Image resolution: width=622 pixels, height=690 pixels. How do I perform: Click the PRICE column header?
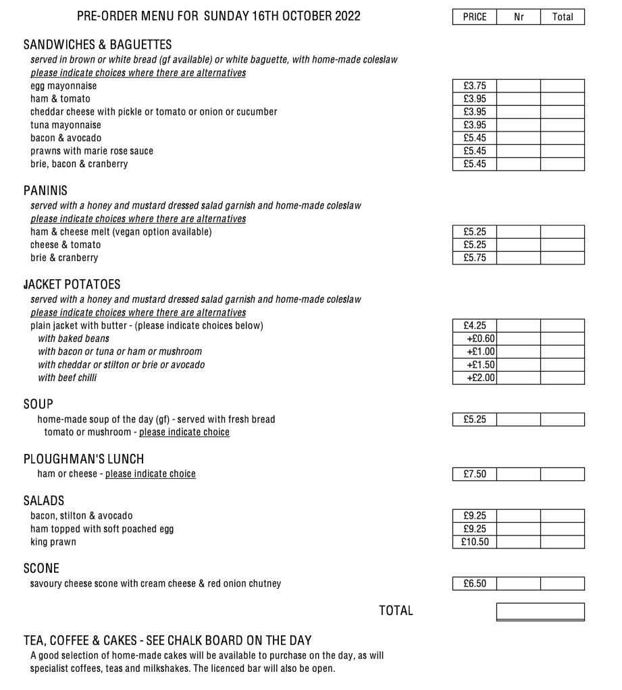tap(474, 17)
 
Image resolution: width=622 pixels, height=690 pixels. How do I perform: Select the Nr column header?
tap(519, 17)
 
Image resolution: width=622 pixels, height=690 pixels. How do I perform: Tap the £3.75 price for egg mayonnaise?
tap(474, 86)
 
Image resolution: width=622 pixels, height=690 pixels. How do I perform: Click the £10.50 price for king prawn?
tap(474, 542)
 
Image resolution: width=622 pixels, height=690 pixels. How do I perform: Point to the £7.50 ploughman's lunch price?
tap(474, 474)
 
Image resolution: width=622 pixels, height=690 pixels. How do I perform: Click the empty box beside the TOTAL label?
tap(540, 611)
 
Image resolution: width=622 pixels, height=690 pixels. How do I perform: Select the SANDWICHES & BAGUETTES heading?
tap(97, 45)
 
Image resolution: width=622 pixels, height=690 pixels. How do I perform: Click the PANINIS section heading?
tap(45, 192)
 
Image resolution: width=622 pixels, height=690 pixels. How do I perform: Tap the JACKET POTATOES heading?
tap(72, 285)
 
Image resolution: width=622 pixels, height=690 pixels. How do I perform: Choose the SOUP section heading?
tap(38, 405)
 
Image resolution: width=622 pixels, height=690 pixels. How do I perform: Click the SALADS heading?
tap(43, 500)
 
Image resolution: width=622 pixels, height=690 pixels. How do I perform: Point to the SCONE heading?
tap(41, 569)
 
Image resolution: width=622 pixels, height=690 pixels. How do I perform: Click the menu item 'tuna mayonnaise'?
tap(66, 125)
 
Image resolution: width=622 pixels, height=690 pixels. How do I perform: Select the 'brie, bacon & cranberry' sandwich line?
tap(79, 164)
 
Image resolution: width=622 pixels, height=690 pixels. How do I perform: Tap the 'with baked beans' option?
tap(73, 339)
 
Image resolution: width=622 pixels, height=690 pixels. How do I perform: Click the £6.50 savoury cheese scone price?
tap(474, 583)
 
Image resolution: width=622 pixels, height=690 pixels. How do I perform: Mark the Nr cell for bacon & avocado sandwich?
tap(519, 138)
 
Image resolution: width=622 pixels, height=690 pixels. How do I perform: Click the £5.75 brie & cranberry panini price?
tap(474, 258)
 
